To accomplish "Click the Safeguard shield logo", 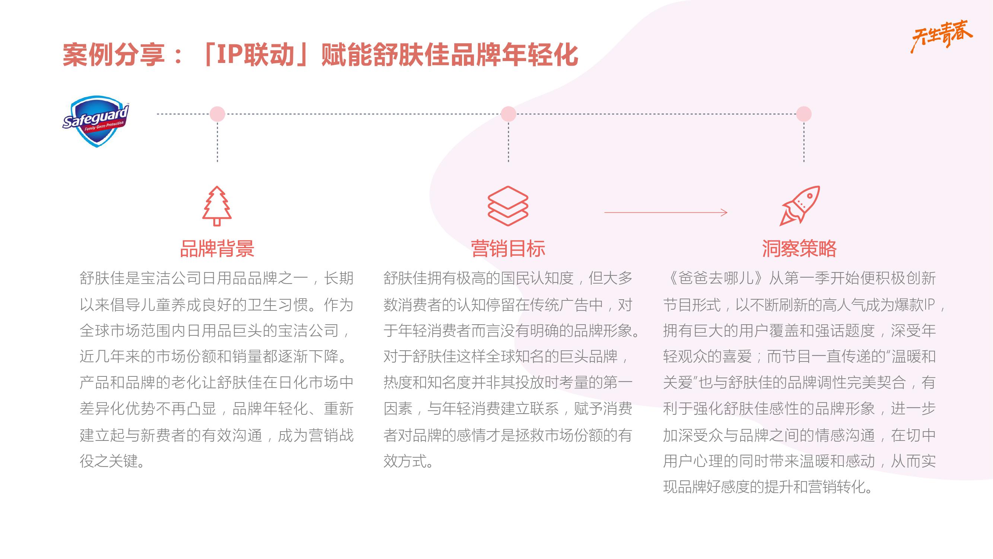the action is tap(96, 121).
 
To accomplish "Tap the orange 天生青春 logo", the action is tap(941, 36).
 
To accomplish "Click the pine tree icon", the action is tap(217, 206).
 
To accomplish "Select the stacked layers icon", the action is tap(508, 206).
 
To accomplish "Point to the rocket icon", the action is tap(799, 206).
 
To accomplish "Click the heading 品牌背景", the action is tap(217, 249).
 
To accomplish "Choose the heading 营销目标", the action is tap(508, 249).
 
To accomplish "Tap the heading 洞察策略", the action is tap(799, 249).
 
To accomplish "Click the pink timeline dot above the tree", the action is tap(217, 114).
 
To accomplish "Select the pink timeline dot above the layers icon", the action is tap(509, 114).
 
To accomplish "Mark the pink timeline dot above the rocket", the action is tap(804, 114).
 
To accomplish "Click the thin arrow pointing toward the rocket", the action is tap(666, 212).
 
